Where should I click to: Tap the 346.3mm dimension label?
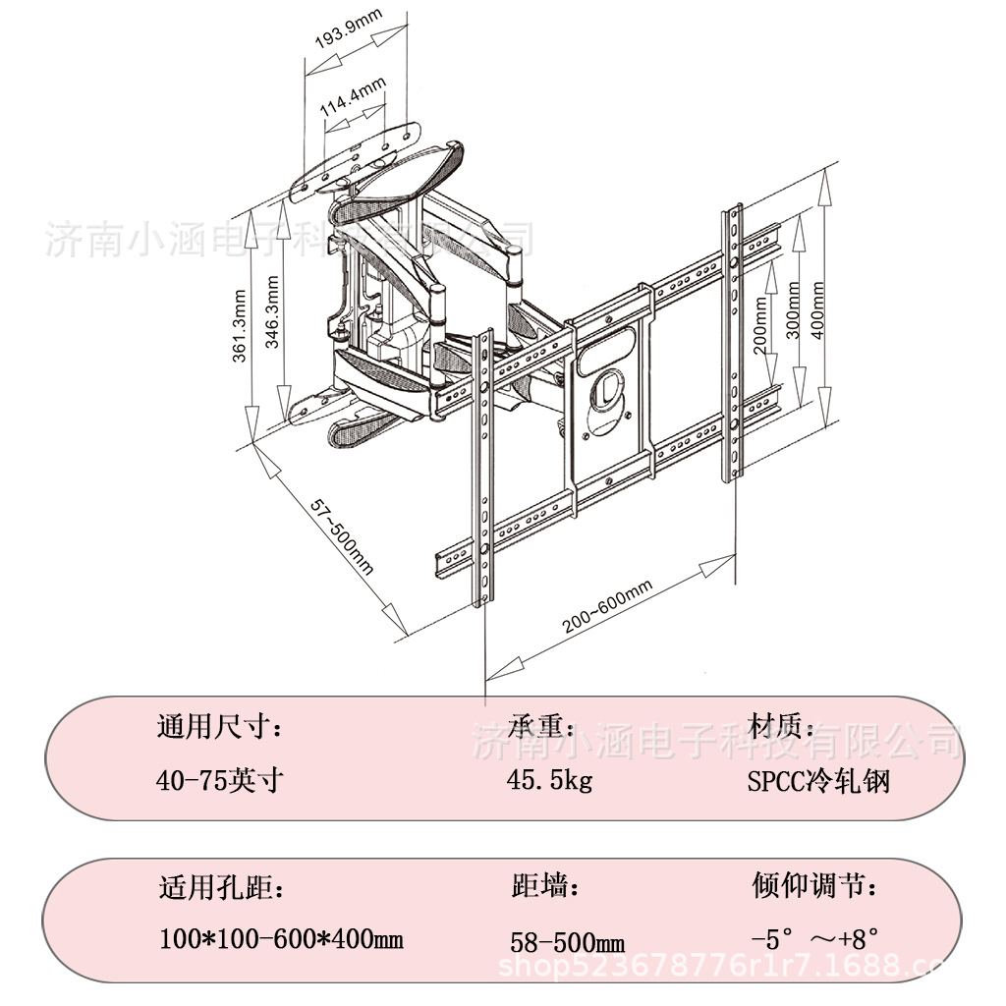pyautogui.click(x=273, y=313)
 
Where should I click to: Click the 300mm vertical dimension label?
pyautogui.click(x=793, y=310)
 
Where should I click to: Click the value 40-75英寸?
pyautogui.click(x=220, y=781)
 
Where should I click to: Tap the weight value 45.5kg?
pyautogui.click(x=550, y=781)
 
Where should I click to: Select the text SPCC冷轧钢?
pyautogui.click(x=818, y=782)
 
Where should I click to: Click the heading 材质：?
pyautogui.click(x=782, y=727)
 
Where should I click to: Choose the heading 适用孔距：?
pyautogui.click(x=222, y=889)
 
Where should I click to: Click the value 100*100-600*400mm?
pyautogui.click(x=281, y=939)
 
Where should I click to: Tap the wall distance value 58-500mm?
pyautogui.click(x=568, y=943)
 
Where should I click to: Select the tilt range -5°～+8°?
pyautogui.click(x=814, y=939)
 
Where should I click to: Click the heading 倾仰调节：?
pyautogui.click(x=814, y=886)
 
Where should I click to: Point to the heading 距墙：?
pyautogui.click(x=546, y=887)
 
